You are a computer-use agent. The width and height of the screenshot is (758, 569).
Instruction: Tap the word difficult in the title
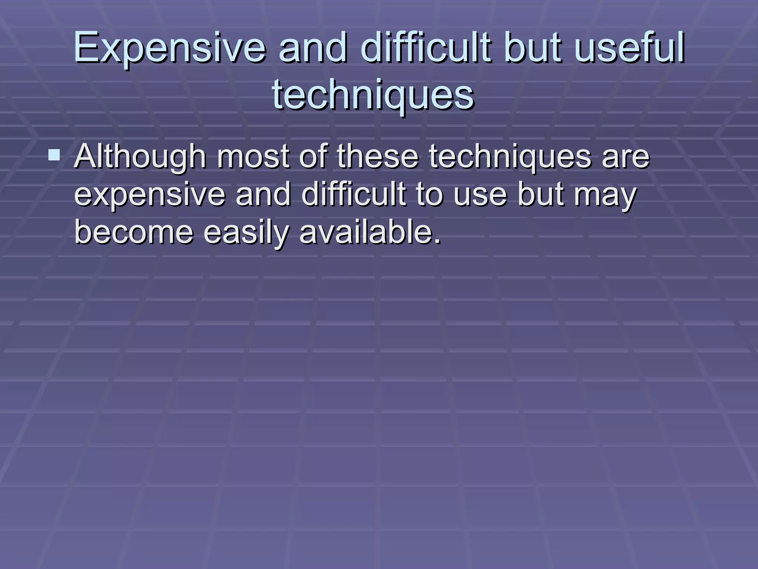click(x=426, y=48)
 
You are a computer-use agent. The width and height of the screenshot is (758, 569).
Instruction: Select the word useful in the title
click(x=630, y=48)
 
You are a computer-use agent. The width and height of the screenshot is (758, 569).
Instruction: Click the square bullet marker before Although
click(x=54, y=155)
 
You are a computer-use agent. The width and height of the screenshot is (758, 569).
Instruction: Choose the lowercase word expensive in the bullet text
click(x=150, y=195)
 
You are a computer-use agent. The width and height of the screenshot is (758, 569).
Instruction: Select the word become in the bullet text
click(x=134, y=233)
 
